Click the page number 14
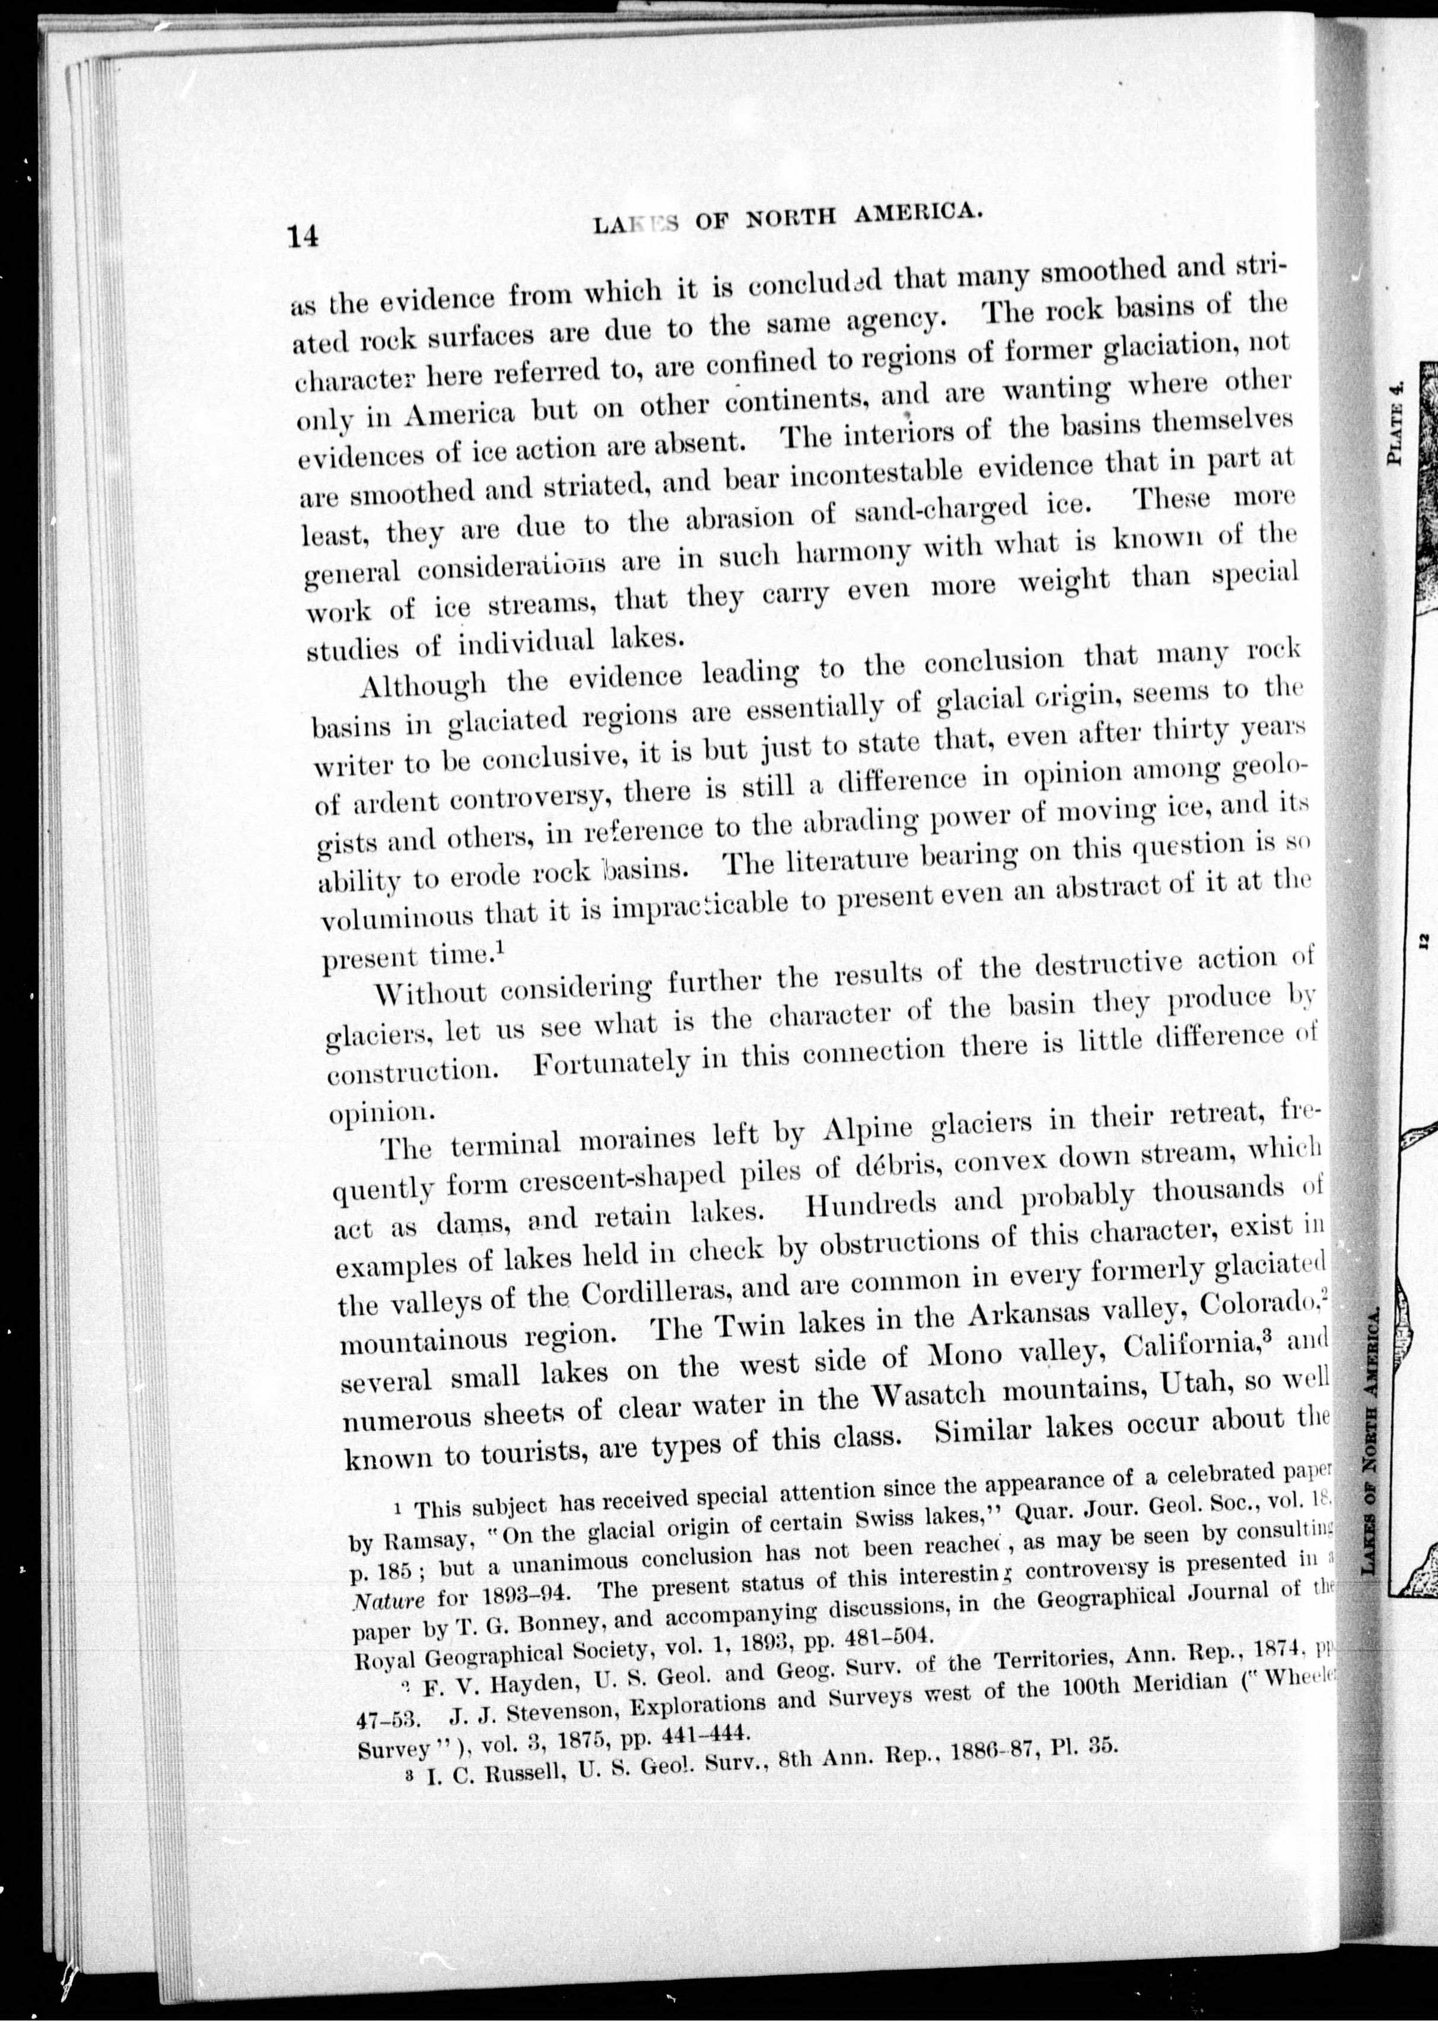pyautogui.click(x=303, y=237)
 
